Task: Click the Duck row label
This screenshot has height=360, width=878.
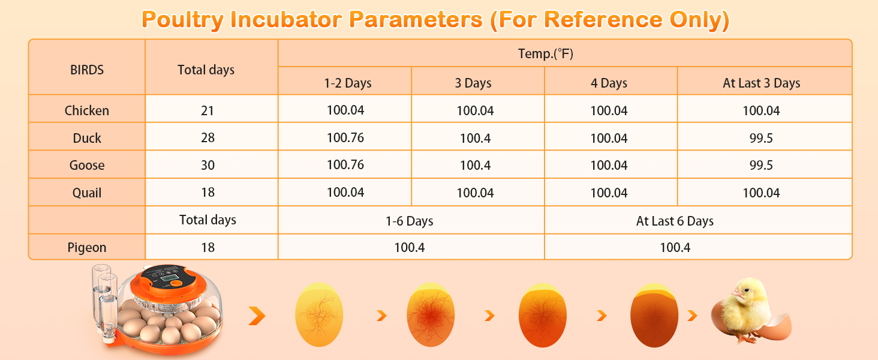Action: [86, 138]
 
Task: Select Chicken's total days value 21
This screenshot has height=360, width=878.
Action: [208, 110]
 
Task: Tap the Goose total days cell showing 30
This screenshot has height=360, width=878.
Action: [208, 165]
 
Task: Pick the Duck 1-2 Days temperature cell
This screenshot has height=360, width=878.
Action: [345, 137]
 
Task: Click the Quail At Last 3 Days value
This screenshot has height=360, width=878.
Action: [761, 193]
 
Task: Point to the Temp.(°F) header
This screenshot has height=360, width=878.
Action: [546, 53]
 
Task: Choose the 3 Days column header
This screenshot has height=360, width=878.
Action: [473, 83]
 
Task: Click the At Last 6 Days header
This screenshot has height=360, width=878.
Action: [675, 221]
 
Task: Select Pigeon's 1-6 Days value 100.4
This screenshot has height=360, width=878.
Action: [409, 247]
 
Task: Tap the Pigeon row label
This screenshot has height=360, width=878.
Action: [86, 247]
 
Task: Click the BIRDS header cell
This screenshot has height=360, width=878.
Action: [86, 70]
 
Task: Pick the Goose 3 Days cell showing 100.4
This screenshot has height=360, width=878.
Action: [475, 165]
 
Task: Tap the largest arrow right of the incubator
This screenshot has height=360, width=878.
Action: [257, 316]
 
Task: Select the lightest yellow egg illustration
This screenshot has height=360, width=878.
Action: [318, 314]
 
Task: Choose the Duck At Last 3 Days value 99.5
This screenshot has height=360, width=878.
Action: [761, 138]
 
